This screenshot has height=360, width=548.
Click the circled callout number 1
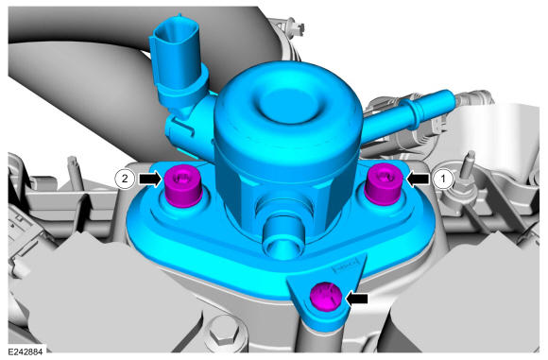(443, 179)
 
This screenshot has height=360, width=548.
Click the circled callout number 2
(125, 179)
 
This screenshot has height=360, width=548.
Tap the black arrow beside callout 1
(418, 179)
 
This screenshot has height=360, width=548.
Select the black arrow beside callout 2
(150, 179)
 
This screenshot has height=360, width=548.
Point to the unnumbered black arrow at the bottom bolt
(356, 299)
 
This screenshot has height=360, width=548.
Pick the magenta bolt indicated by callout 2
(182, 186)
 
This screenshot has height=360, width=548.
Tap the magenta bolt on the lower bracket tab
(326, 297)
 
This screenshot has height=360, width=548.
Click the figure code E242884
(26, 351)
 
